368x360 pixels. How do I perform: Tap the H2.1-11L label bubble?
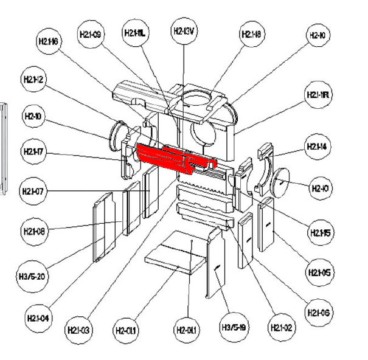click(x=136, y=32)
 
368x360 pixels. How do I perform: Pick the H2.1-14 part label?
click(x=317, y=147)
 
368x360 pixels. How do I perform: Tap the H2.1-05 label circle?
click(x=320, y=272)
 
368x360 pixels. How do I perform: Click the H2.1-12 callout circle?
click(x=34, y=80)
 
